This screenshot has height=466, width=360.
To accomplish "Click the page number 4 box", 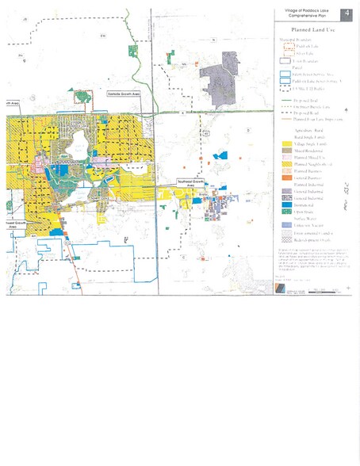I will coord(347,14).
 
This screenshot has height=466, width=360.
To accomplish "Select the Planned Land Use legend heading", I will coord(310,28).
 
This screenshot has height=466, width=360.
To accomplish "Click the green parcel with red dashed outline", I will coord(83,97).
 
